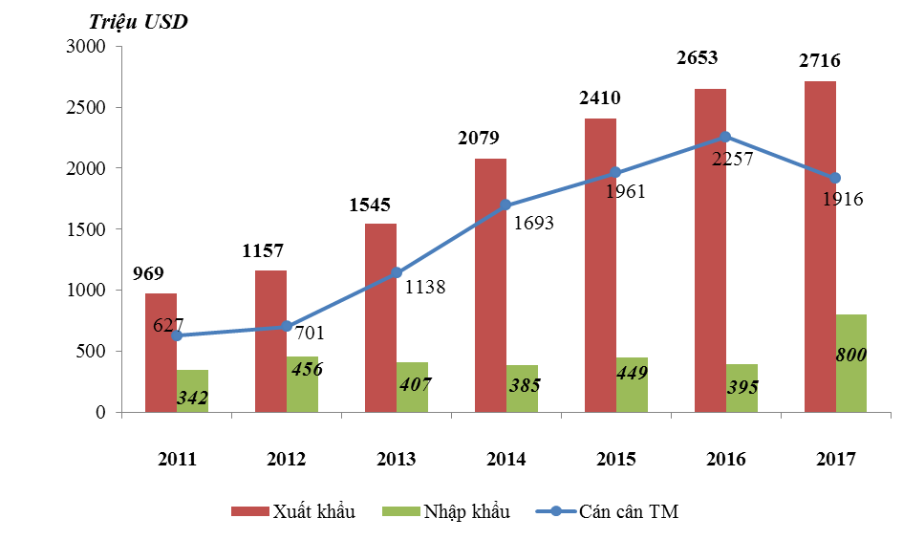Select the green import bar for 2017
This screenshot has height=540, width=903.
851,363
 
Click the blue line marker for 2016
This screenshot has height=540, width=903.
725,137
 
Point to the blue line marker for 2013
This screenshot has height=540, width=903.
397,272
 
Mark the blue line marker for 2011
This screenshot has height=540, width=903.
177,335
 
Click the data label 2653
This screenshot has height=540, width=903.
697,58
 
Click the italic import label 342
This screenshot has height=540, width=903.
193,397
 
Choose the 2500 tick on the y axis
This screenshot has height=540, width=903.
87,107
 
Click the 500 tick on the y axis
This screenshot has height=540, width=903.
92,352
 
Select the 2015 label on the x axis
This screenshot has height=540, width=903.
615,460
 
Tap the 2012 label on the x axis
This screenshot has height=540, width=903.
286,460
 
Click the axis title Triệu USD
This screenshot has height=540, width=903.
139,22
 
